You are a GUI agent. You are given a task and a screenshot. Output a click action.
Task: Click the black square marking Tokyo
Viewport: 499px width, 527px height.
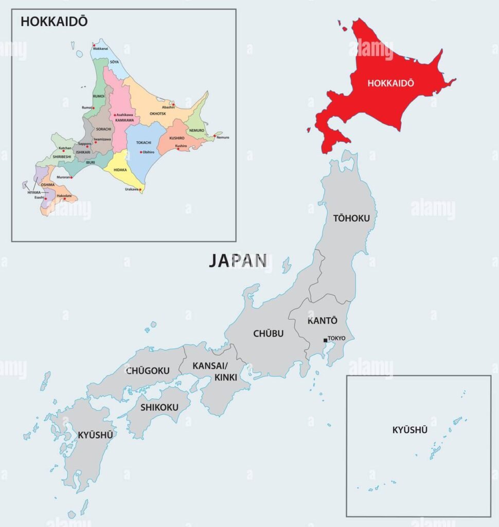[x=325, y=340]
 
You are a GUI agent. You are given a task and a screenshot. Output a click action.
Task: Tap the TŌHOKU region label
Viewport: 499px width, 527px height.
[x=351, y=218]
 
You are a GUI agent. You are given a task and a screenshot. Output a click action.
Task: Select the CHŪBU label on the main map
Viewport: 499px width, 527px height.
[x=268, y=333]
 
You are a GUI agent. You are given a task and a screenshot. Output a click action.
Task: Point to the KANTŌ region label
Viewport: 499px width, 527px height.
[x=323, y=321]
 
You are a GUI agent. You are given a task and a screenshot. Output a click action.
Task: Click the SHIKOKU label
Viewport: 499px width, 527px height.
[x=159, y=407]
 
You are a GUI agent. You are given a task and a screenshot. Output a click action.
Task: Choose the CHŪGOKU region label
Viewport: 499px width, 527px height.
[x=148, y=370]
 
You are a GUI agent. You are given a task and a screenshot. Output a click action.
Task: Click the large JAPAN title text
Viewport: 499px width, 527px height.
[x=237, y=261]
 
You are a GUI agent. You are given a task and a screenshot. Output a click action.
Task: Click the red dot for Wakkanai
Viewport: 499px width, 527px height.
[x=94, y=45]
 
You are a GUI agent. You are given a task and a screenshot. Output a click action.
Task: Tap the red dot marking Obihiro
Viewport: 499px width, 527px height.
[x=141, y=152]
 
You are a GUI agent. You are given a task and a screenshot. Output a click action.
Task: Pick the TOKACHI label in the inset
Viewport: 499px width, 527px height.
[x=144, y=143]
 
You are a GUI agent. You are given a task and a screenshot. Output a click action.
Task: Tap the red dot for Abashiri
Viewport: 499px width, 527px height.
[x=174, y=104]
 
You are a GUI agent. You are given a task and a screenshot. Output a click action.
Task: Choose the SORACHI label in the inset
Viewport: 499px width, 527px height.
[x=103, y=129]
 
